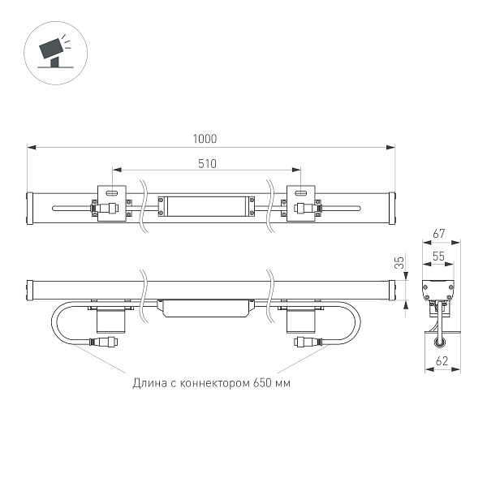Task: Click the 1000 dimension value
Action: coord(205,139)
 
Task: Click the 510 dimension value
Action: coord(207,162)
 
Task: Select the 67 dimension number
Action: coord(439,234)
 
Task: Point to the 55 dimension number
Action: coord(439,256)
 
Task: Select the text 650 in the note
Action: coord(261,382)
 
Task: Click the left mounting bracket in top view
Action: coord(112,205)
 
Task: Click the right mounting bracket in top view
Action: coord(301,205)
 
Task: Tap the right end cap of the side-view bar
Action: coord(393,288)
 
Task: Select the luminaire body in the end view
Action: coord(439,289)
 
